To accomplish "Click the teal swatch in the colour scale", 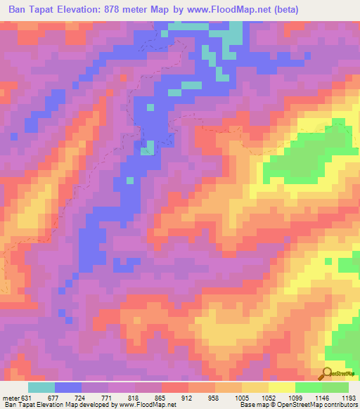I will click(41, 387).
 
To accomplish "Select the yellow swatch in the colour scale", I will click(281, 387).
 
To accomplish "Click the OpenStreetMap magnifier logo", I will click(327, 374).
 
